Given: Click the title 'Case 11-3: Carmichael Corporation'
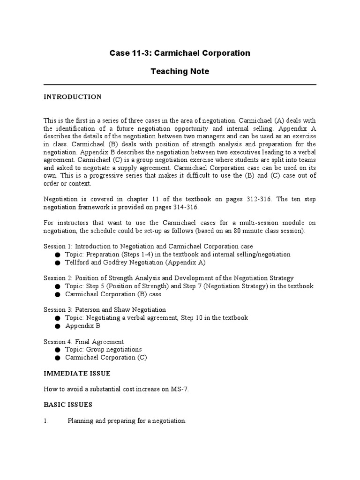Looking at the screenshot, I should coord(180,53).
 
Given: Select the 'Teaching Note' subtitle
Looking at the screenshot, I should coord(180,72).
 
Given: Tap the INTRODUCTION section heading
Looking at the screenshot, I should coord(73,97).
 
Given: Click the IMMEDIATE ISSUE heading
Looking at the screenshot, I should coord(77,374).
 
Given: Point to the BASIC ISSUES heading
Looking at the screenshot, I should coord(68,405).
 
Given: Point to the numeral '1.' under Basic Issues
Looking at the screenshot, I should coord(46,421).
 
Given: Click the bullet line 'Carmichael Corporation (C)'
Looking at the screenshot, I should coord(106,358).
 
